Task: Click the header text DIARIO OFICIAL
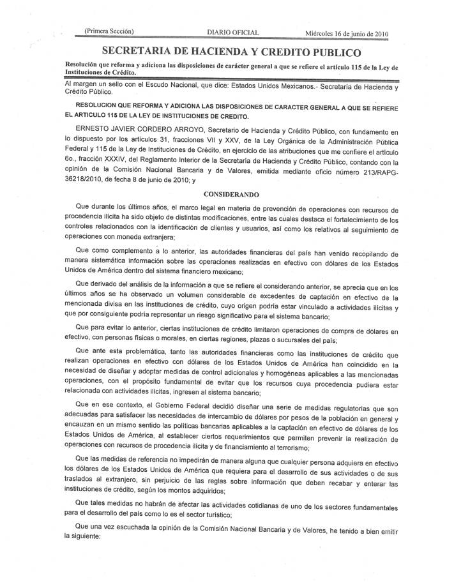[x=233, y=33]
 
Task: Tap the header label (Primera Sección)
[x=109, y=31]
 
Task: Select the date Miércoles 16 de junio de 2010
[x=347, y=33]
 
